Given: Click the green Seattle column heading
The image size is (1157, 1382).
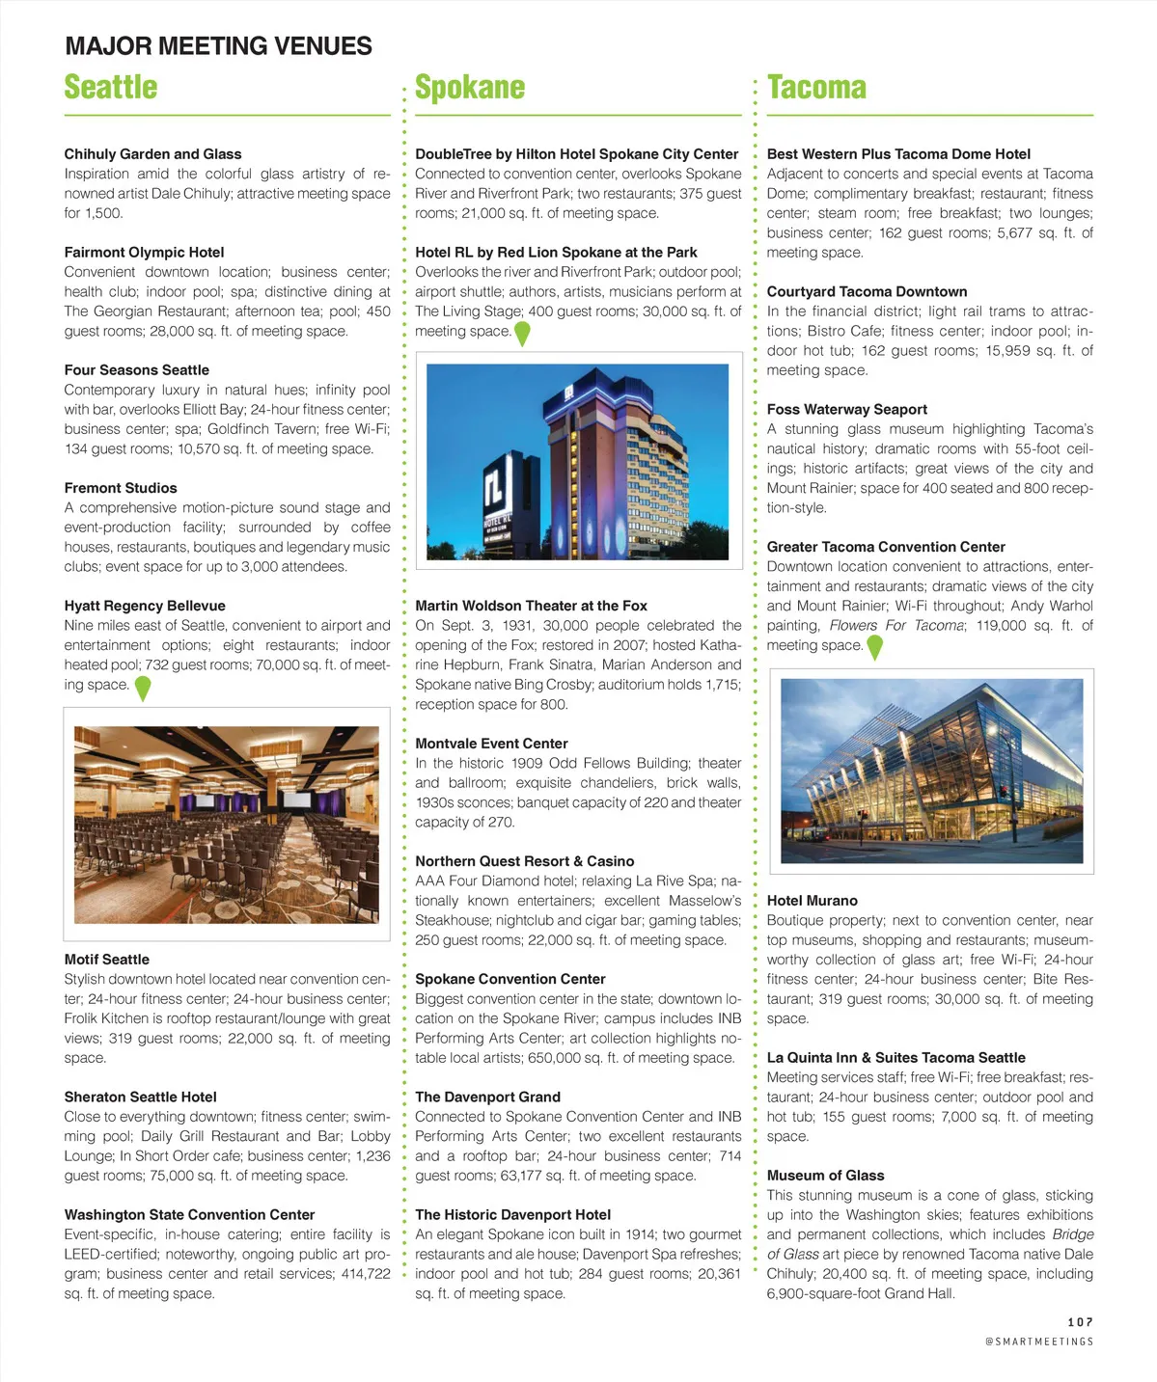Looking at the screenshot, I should pos(111,87).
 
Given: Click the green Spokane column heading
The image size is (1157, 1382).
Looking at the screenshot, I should pos(470,87).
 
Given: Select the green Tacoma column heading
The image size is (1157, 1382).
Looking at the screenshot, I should pos(816,87).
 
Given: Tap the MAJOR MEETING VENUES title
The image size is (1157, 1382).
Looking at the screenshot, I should pos(218,45).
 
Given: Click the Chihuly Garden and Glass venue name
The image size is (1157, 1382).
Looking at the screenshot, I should pos(152,153).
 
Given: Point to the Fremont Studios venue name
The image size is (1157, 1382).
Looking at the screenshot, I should pos(121,488).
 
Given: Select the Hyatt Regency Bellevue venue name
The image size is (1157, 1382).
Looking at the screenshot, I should pos(145,606).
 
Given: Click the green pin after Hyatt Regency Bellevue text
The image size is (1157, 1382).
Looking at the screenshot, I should pos(143,688).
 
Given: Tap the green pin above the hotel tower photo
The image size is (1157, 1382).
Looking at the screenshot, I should pos(522,334).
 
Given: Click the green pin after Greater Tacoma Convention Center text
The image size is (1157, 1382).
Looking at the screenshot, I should pos(874,647).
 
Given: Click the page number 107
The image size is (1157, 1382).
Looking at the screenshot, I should pos(1080,1322).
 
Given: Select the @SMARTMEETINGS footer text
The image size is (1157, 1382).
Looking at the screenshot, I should pos(1039,1341).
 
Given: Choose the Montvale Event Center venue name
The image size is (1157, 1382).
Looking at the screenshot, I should pos(491,744).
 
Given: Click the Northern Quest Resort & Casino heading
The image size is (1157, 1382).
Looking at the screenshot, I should pos(525,861).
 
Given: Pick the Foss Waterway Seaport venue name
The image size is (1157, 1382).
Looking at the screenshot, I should pos(847,409).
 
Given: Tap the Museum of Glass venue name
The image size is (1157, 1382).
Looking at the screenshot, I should pos(825,1176).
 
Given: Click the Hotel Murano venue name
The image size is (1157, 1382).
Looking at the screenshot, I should pos(812,901).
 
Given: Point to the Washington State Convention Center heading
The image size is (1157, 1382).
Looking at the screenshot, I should pos(189,1215).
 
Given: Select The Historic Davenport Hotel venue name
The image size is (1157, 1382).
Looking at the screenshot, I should pos(512,1215).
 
